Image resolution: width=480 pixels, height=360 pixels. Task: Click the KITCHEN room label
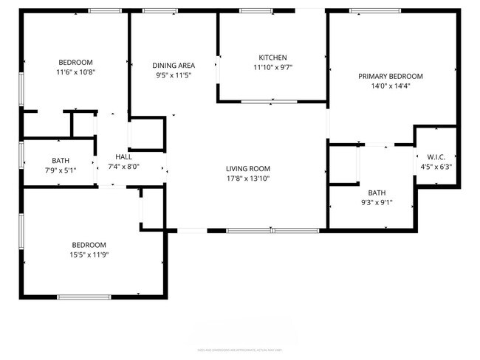coord(272,58)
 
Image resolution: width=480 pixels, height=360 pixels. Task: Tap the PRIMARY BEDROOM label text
coord(390,76)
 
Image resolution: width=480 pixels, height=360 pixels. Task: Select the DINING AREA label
coord(174,65)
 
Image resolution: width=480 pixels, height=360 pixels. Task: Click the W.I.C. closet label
coord(435,156)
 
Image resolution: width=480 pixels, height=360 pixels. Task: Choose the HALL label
coord(123,157)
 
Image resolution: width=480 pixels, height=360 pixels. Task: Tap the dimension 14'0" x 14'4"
coord(390,86)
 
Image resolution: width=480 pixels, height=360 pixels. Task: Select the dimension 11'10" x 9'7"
coord(272,67)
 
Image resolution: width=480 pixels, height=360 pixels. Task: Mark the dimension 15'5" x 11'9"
coord(89,255)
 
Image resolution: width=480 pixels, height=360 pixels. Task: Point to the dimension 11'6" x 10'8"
coord(76,72)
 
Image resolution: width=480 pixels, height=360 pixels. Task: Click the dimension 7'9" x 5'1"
coord(61,170)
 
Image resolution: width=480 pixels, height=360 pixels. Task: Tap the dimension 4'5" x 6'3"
coord(435,166)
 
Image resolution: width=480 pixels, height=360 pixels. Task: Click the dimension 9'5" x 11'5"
coord(174,75)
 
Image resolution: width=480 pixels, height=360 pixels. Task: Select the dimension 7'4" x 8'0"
coord(123,167)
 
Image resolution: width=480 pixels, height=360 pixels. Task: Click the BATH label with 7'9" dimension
coord(61,161)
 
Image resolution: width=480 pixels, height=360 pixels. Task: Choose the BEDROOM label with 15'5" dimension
coord(89,245)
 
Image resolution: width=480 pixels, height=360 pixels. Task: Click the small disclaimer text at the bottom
coord(240,349)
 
